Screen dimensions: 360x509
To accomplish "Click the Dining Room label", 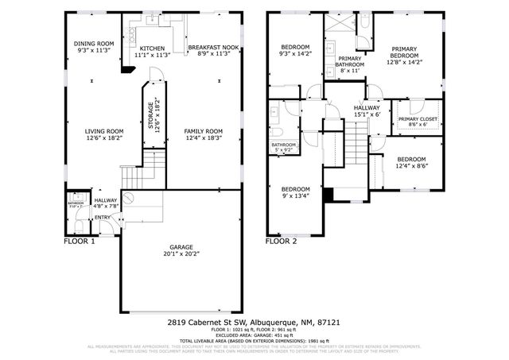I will (x=95, y=44).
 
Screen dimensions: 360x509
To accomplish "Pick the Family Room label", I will (x=203, y=131).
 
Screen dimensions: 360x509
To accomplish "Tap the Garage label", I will (x=181, y=247).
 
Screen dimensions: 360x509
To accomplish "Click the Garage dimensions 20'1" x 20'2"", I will (x=181, y=254).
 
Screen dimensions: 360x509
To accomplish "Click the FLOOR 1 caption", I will (x=80, y=240).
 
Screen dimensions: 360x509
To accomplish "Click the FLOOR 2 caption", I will (x=281, y=240).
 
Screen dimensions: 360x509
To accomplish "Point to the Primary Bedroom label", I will (x=404, y=51).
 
